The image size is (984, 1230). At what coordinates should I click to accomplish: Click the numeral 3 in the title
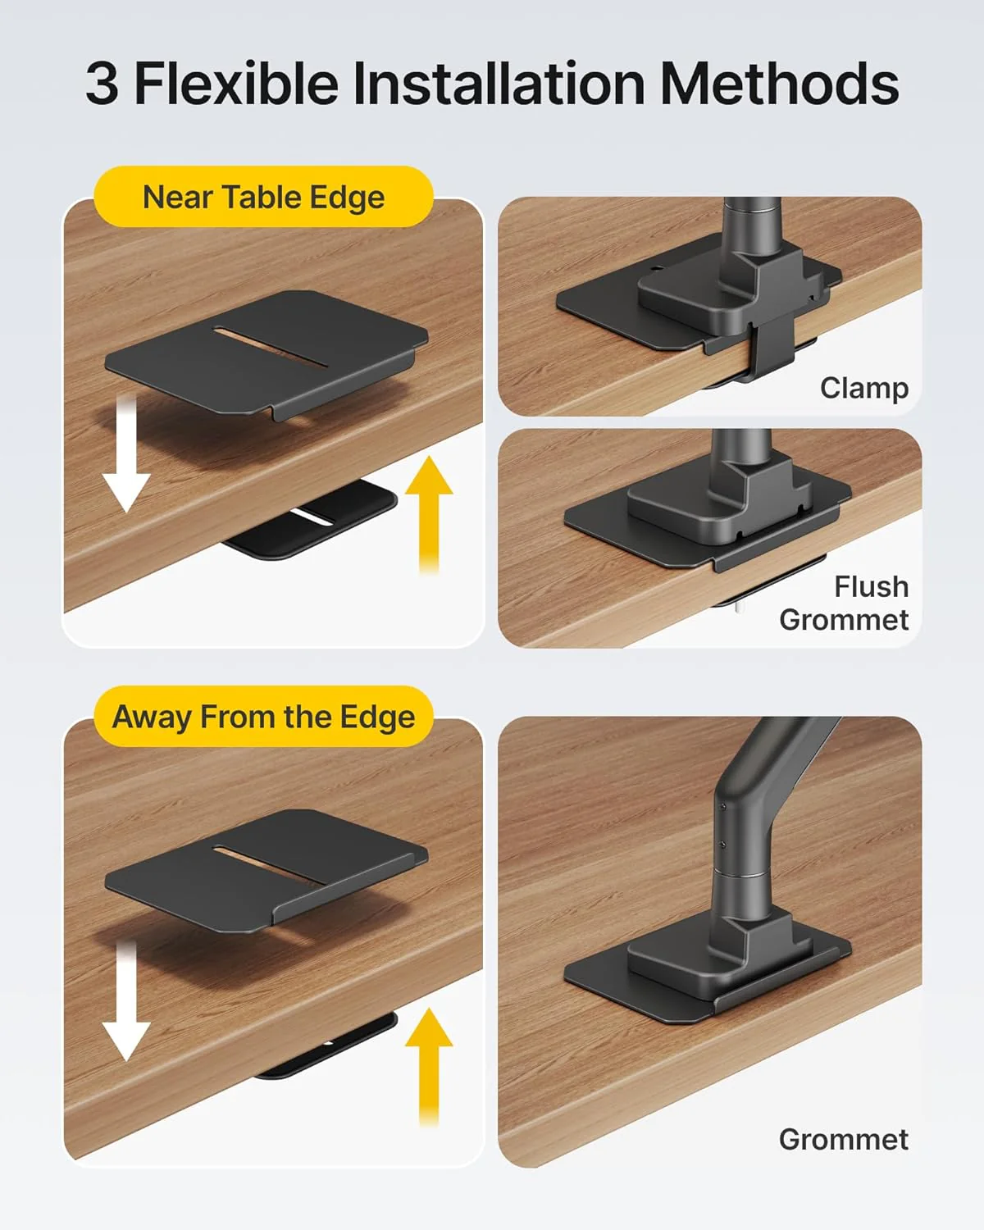tap(102, 84)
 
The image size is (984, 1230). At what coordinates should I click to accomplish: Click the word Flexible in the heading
tap(236, 84)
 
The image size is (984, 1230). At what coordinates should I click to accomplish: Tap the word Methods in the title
tap(779, 84)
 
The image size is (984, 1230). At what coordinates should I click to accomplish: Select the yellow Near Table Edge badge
tap(263, 198)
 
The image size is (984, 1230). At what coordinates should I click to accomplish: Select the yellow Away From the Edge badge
tap(263, 717)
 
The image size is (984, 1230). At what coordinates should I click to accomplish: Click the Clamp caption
tap(863, 388)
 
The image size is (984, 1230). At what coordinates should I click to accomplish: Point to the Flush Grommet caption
tap(845, 604)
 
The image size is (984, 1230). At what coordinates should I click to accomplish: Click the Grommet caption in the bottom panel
tap(843, 1139)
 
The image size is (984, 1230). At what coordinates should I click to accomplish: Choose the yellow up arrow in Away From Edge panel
tap(429, 1066)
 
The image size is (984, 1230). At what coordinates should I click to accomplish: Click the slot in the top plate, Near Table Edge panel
tap(271, 347)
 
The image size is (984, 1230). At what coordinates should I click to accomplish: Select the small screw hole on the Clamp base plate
tap(658, 268)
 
